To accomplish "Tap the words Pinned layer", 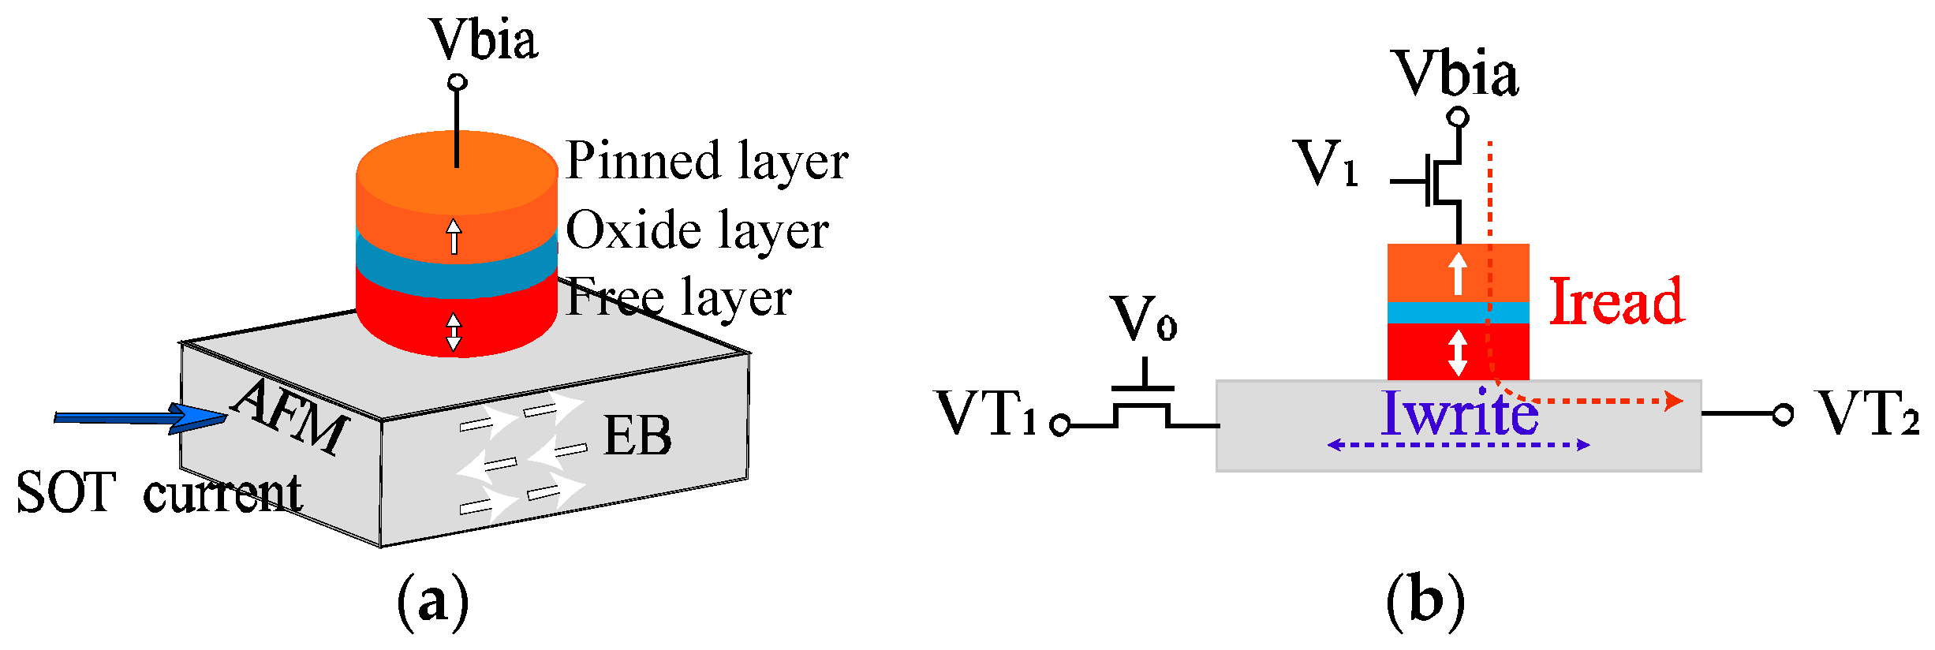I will pos(707,162).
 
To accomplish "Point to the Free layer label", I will pos(678,298).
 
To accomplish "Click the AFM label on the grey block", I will pos(290,416).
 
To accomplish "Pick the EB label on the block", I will pos(637,435).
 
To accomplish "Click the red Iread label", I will pos(1616,301).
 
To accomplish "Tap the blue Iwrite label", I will pos(1459,413).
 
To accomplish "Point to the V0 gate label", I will pos(1143,319).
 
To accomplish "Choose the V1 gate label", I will pos(1328,164).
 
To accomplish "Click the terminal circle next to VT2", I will pos(1783,414).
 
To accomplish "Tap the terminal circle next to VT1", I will pos(1060,426).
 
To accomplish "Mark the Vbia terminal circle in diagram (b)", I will pos(1459,118).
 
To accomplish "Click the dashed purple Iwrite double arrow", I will pos(1458,445).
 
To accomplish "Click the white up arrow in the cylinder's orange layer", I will pos(454,236).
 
